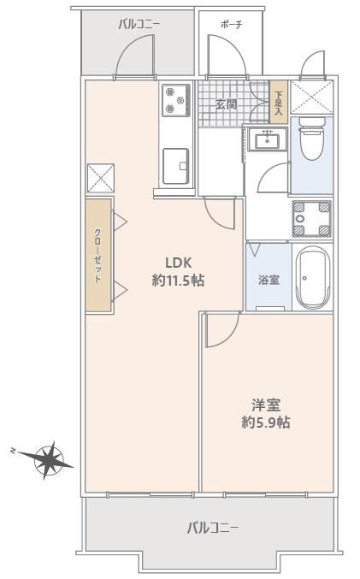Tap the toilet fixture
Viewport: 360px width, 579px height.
(311, 139)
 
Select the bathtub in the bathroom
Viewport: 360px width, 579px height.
(312, 277)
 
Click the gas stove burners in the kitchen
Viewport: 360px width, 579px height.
(175, 100)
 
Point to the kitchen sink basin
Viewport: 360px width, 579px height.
(176, 166)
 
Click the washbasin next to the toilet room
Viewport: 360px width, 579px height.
(268, 139)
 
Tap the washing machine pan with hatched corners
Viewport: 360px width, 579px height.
(312, 219)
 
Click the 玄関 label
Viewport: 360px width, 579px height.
(226, 104)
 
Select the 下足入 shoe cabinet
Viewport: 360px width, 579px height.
(279, 102)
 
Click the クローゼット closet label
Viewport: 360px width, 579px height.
(97, 256)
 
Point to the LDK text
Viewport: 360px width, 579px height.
(179, 263)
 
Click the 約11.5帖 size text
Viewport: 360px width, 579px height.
(178, 281)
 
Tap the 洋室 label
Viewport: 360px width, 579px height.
(266, 405)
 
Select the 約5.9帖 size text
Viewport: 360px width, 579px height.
(266, 422)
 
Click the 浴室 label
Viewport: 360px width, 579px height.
(269, 280)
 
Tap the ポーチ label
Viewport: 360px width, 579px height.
(231, 25)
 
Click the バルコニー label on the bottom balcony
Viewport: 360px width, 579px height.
(212, 528)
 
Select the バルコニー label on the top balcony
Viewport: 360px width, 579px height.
(139, 25)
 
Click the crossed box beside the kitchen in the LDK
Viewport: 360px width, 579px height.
(100, 179)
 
